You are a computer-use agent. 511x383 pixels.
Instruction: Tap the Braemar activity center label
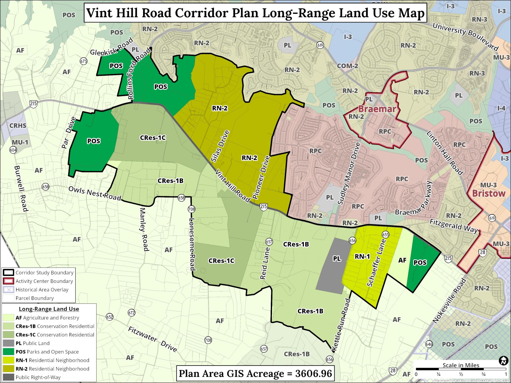pos(377,109)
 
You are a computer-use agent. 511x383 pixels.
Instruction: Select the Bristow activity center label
pos(489,193)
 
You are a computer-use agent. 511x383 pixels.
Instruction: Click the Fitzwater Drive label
pos(152,339)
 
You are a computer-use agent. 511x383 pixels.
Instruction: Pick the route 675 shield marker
pos(84,61)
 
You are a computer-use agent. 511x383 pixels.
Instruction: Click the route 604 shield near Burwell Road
pos(12,150)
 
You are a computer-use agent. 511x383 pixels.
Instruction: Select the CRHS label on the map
pos(18,126)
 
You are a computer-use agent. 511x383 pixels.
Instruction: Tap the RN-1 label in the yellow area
pos(362,257)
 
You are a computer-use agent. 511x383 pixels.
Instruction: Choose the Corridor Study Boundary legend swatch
pos(8,273)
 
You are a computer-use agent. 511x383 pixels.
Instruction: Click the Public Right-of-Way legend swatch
pos(8,377)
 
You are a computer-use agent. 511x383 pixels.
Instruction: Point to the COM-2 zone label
pos(347,66)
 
